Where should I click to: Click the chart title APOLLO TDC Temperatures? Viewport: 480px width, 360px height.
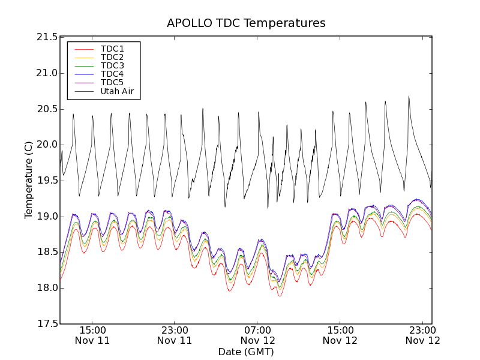point(246,23)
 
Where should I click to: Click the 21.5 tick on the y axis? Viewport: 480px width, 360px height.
point(47,37)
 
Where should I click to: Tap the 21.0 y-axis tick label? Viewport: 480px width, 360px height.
point(47,73)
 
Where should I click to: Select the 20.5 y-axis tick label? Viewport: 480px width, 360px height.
point(47,109)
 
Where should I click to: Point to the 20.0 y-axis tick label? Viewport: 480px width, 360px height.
point(47,145)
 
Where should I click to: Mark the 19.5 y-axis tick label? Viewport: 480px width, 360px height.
point(47,181)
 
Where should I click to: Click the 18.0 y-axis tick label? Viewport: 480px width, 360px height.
point(47,288)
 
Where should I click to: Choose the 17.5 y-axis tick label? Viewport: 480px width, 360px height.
point(47,324)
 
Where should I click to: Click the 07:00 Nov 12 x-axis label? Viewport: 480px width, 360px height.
point(257,335)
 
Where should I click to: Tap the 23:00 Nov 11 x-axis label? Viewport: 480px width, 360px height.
point(175,335)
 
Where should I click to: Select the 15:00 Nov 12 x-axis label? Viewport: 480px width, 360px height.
point(340,335)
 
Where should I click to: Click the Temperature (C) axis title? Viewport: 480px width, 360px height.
point(29,180)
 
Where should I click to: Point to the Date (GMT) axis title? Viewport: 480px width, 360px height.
point(246,352)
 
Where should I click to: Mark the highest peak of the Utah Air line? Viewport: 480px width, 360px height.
point(409,96)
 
